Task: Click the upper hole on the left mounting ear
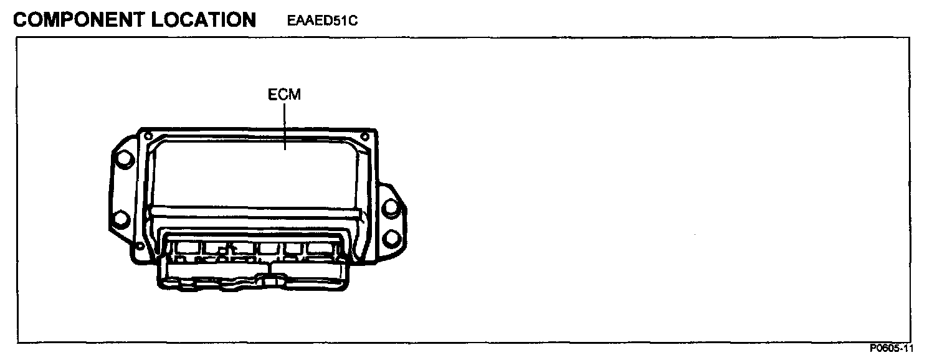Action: pyautogui.click(x=124, y=159)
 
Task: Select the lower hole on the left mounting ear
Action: pyautogui.click(x=121, y=219)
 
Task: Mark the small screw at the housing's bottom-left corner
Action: pyautogui.click(x=139, y=247)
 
